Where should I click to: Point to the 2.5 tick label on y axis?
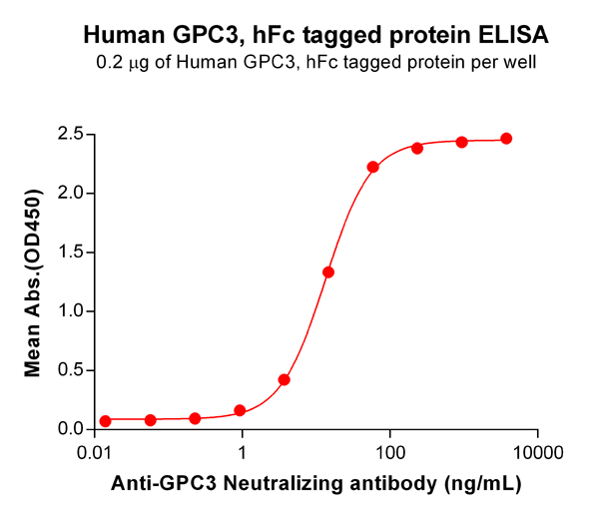tap(69, 134)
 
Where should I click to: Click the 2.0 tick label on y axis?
tap(69, 193)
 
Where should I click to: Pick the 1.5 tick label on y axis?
tap(69, 252)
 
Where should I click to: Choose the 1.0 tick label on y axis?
tap(69, 311)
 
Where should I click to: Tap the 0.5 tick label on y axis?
tap(69, 370)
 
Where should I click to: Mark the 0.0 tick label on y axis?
tap(69, 429)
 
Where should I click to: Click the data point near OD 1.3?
tap(328, 272)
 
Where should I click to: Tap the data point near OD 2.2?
tap(372, 167)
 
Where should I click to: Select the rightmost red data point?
tap(506, 139)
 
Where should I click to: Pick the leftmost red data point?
tap(106, 420)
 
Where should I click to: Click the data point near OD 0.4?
tap(285, 380)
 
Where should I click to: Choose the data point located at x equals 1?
tap(240, 410)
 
